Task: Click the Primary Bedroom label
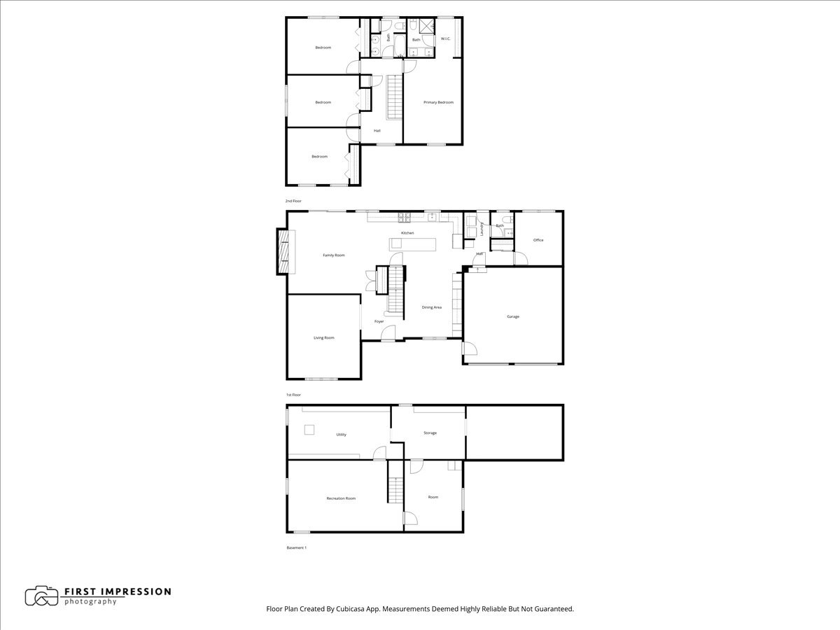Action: [x=438, y=102]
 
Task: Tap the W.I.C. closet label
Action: [x=445, y=39]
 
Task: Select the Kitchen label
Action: [x=407, y=232]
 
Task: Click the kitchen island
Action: [x=413, y=244]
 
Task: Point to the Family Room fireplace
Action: [x=284, y=251]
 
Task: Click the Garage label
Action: [x=513, y=316]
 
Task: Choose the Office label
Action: [x=538, y=240]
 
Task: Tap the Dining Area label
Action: [x=431, y=307]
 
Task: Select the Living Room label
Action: [x=323, y=337]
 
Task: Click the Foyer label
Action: [x=379, y=321]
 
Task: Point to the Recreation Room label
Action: [x=341, y=498]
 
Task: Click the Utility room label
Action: [x=341, y=435]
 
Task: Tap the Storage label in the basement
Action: [x=430, y=433]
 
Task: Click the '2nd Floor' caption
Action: [x=293, y=201]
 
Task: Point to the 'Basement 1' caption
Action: [x=296, y=547]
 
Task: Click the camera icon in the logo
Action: [x=41, y=596]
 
